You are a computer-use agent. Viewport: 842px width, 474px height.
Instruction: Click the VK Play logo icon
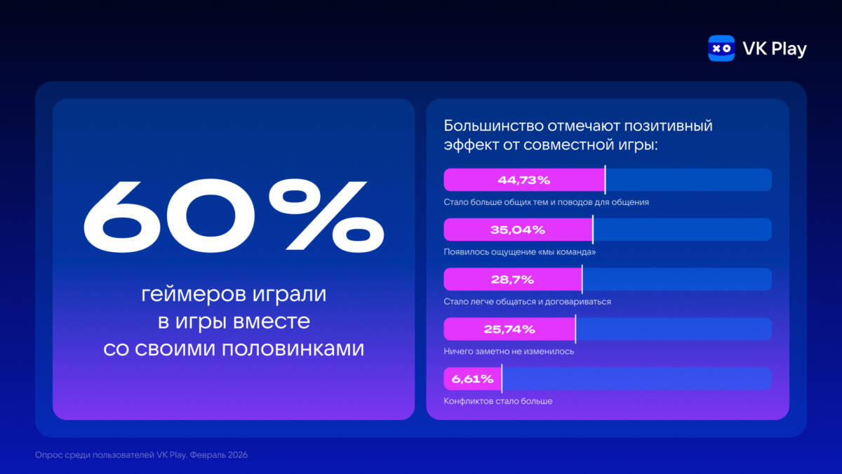coord(721,48)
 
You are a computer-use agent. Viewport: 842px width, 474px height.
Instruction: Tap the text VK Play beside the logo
coord(774,48)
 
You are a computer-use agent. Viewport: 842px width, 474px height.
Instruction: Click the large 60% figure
coord(234,216)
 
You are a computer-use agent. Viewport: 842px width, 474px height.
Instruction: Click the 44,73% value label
coord(523,180)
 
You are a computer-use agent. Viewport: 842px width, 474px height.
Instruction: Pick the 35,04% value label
coord(518,230)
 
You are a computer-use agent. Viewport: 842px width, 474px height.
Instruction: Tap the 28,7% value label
coord(512,279)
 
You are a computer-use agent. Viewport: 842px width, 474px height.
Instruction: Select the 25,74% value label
coord(509,329)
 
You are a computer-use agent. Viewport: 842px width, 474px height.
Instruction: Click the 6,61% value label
coord(473,378)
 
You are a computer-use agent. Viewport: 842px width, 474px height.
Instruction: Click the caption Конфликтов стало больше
coord(498,401)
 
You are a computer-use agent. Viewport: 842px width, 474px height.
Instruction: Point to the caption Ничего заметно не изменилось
coord(509,351)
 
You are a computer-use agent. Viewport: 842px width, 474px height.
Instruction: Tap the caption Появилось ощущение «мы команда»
coord(520,251)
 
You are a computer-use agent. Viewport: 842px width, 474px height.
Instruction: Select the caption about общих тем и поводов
coord(546,202)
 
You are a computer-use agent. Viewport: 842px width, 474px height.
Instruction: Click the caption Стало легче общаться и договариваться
coord(528,301)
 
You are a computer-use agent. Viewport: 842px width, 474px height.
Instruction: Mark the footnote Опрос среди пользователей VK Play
coord(141,455)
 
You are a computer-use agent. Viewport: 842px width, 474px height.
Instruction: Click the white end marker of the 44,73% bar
coord(605,180)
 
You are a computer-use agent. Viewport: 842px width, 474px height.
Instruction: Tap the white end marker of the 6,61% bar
coord(502,378)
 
